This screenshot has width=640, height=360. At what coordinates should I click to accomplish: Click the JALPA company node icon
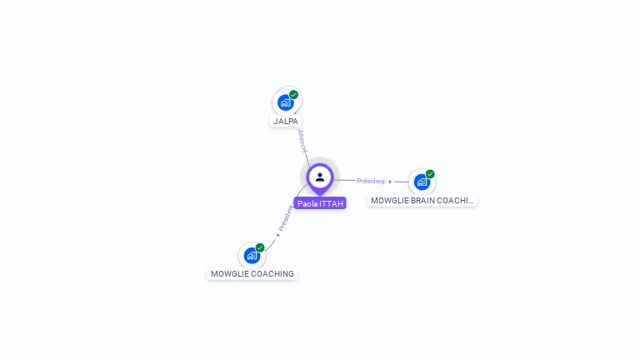286,102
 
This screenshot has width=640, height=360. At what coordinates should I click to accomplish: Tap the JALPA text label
286,121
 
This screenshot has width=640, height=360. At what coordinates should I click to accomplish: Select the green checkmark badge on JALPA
294,95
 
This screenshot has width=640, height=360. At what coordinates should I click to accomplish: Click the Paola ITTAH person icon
320,177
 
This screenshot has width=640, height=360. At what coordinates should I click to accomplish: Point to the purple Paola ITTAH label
320,203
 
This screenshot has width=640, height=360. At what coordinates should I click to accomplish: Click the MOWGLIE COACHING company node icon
252,256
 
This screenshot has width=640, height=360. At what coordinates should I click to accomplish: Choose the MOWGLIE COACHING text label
252,274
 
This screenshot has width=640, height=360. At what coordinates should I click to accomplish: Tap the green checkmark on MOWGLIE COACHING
260,248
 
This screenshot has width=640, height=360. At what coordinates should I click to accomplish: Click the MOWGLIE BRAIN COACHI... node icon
422,182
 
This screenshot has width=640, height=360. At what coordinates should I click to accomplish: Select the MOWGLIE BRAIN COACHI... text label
422,201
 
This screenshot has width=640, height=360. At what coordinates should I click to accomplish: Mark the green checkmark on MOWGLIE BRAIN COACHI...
430,174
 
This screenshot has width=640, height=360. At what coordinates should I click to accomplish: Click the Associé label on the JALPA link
302,141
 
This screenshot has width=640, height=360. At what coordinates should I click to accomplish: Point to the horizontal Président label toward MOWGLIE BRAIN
370,181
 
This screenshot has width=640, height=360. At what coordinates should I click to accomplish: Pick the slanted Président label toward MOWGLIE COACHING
285,218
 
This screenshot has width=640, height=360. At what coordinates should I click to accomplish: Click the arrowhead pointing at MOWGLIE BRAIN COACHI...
390,182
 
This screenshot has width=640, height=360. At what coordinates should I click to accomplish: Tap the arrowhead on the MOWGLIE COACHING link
277,234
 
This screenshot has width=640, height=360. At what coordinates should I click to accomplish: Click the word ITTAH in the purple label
331,203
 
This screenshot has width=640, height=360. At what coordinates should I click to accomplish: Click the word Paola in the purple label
307,203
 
